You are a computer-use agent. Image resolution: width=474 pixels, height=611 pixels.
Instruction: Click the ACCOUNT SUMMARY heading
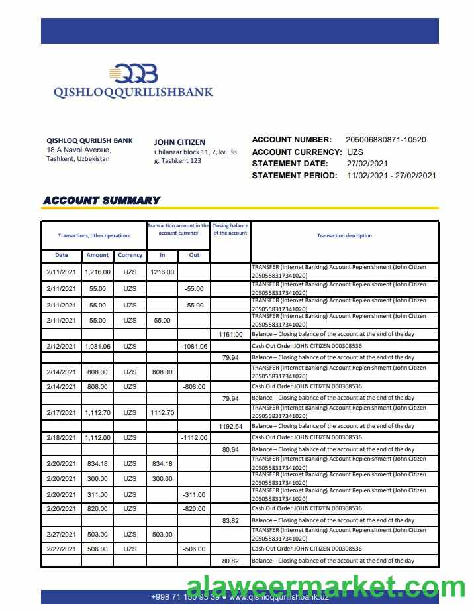(x=101, y=200)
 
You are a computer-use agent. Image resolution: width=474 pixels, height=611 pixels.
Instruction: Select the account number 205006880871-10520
(x=386, y=140)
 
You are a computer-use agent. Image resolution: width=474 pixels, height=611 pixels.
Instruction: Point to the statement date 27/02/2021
(x=367, y=164)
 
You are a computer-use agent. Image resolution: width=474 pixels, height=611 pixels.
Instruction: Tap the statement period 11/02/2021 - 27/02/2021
(x=391, y=176)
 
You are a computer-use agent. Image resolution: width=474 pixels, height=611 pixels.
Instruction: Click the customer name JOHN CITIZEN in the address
(x=179, y=142)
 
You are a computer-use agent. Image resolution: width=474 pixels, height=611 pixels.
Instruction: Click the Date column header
(x=61, y=255)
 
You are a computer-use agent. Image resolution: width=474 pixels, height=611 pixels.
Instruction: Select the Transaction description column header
(x=344, y=236)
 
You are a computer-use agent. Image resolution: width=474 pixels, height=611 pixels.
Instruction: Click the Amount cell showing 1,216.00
(x=97, y=272)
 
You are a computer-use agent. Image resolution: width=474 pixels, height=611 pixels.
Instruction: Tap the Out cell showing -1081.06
(x=194, y=346)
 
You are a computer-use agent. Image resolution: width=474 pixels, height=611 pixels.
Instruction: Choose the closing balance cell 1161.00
(x=230, y=335)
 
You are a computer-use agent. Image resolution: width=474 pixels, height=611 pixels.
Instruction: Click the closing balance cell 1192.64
(x=230, y=426)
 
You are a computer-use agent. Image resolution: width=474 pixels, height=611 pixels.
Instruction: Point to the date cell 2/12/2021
(x=61, y=346)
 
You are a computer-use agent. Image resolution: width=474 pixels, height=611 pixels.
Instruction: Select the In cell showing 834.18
(x=162, y=464)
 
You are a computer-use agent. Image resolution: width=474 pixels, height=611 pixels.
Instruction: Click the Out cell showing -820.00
(x=194, y=508)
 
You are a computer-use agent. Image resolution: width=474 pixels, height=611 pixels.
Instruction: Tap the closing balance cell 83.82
(x=230, y=520)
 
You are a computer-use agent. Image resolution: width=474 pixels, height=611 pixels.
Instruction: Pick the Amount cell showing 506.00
(x=97, y=549)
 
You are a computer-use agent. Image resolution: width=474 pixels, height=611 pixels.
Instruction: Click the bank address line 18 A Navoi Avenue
(x=79, y=150)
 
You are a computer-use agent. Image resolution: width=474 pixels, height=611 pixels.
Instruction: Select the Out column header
(x=194, y=255)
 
